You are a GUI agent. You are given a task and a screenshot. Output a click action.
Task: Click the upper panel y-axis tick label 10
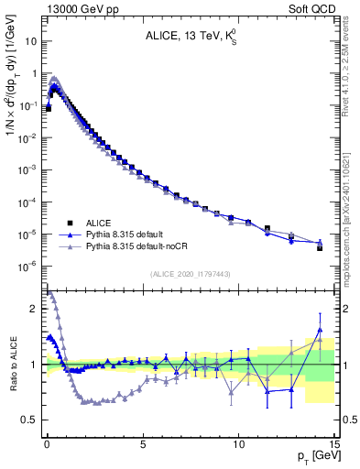(x=29, y=42)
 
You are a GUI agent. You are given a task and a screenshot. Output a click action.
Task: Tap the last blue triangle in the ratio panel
(x=320, y=330)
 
